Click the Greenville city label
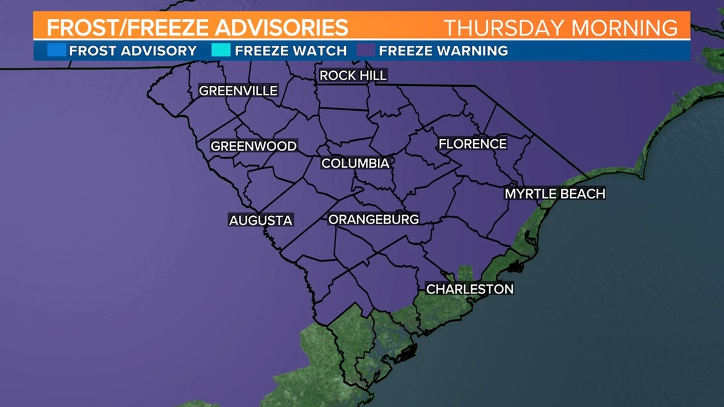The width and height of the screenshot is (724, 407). (x=238, y=91)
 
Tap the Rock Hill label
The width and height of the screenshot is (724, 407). (x=352, y=76)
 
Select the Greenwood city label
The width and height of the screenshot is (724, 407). (x=253, y=146)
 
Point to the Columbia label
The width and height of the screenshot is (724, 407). (x=355, y=163)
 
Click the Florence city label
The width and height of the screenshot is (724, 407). (x=473, y=144)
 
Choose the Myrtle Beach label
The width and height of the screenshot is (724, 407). (x=554, y=194)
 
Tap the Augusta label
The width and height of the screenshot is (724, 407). (x=260, y=220)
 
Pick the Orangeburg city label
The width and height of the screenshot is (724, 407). (x=373, y=220)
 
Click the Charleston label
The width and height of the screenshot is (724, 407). (x=469, y=289)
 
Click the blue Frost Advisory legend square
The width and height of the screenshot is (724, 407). (x=57, y=50)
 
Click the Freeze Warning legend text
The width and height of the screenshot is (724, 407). (x=443, y=51)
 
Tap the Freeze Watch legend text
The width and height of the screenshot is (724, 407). (x=291, y=51)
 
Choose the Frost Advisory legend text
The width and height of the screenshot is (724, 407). (x=133, y=51)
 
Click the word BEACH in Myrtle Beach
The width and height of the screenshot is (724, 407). (x=581, y=194)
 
